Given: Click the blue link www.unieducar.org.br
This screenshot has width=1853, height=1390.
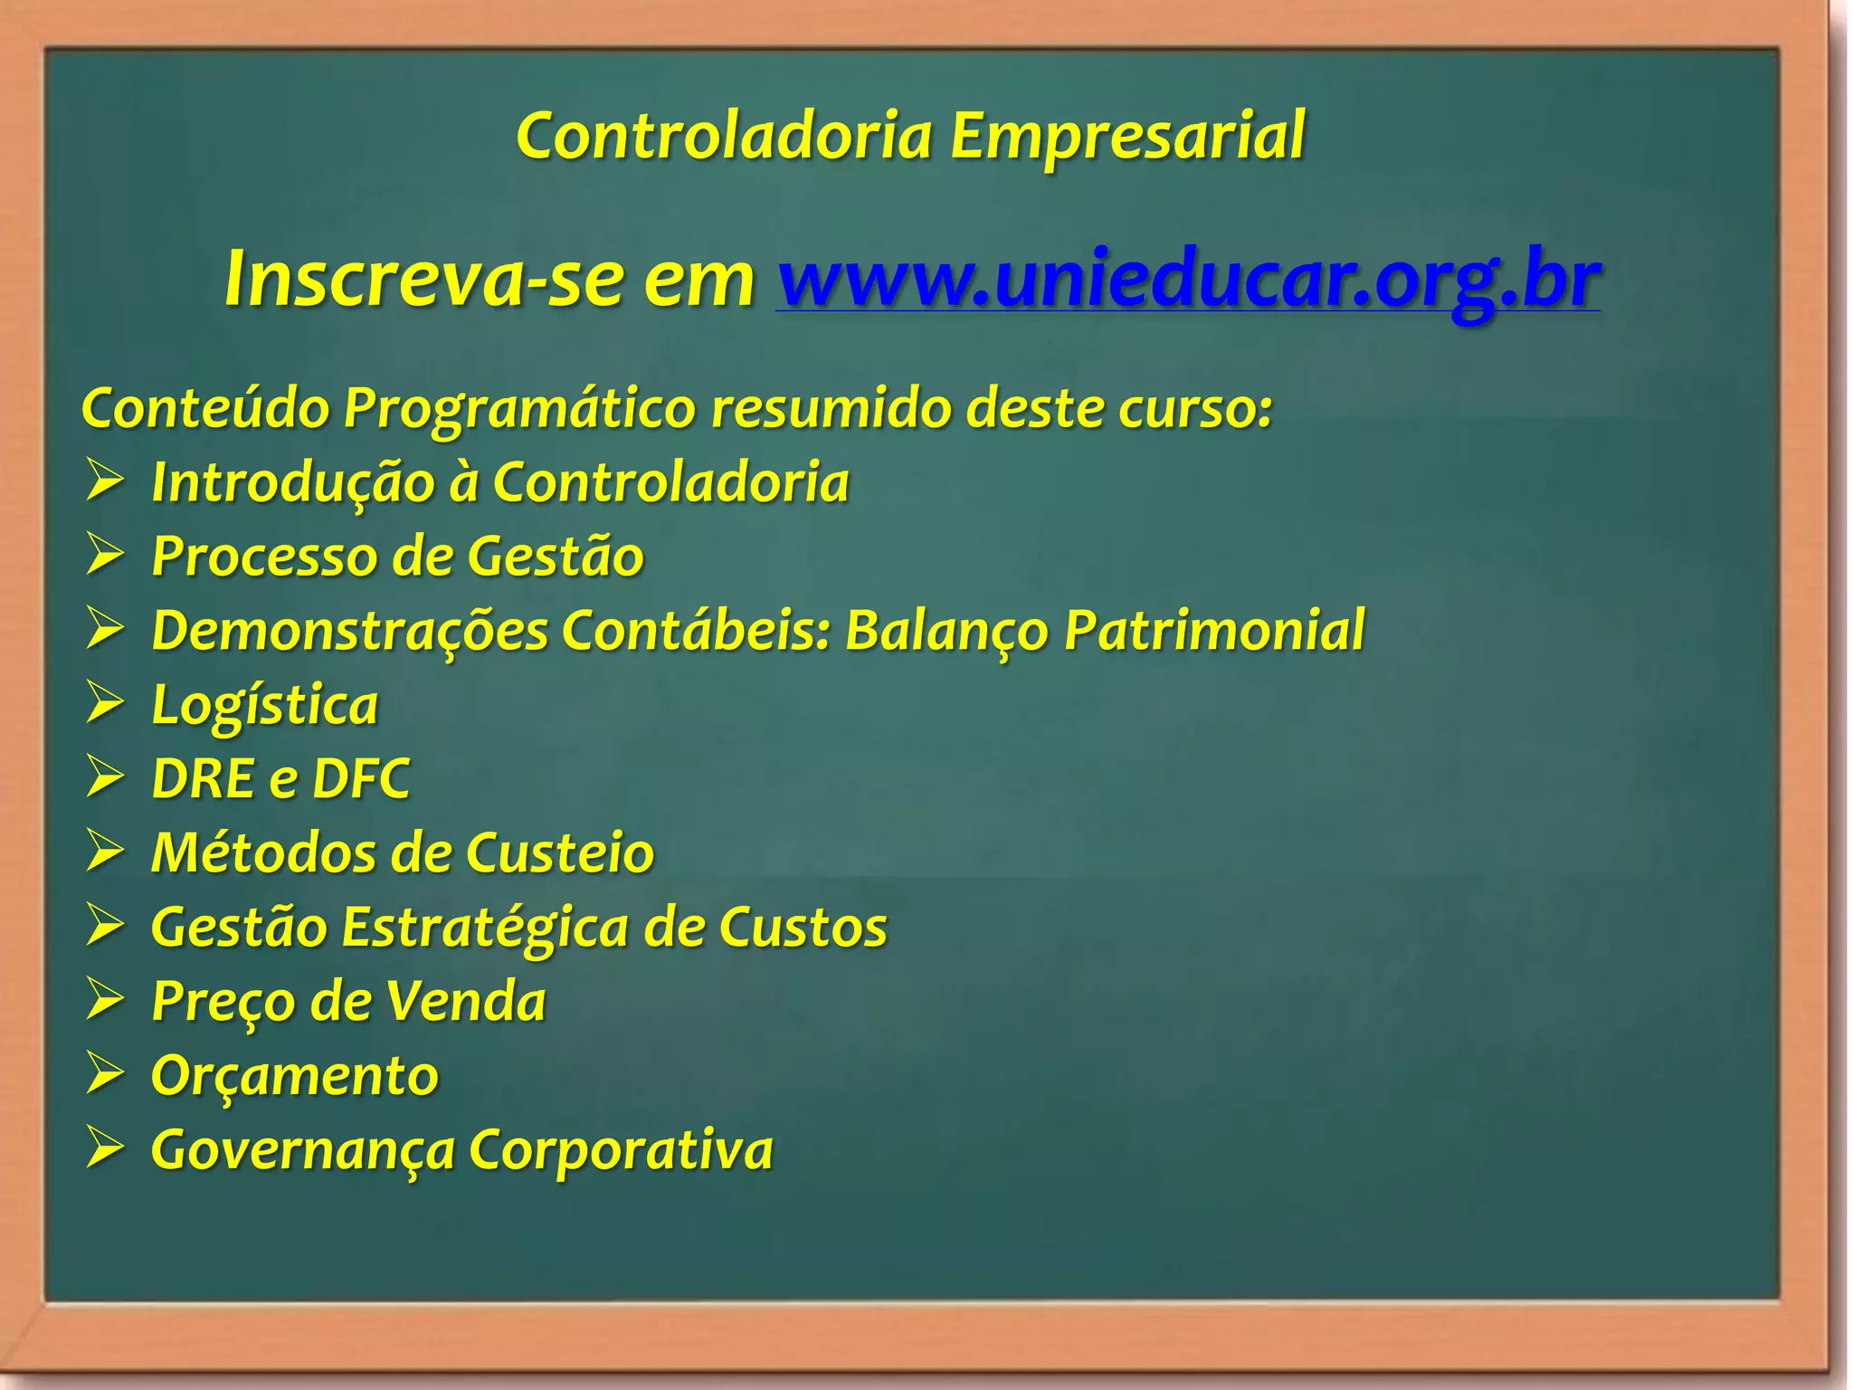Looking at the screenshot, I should click(1188, 280).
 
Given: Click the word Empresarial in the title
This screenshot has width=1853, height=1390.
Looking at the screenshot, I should click(1126, 136).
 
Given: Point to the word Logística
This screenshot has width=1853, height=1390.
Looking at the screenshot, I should click(264, 705).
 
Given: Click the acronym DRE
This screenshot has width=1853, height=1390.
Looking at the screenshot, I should click(203, 778).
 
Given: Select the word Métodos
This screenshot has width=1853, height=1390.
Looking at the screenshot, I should click(262, 852).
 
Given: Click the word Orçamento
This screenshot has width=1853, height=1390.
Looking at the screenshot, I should click(294, 1077).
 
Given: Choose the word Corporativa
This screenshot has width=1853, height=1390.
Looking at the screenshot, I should click(621, 1150).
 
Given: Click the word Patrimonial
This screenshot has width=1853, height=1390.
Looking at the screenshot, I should click(1214, 630).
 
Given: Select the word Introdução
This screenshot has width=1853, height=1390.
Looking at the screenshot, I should click(293, 482).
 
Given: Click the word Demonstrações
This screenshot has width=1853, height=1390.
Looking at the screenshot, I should click(349, 630).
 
